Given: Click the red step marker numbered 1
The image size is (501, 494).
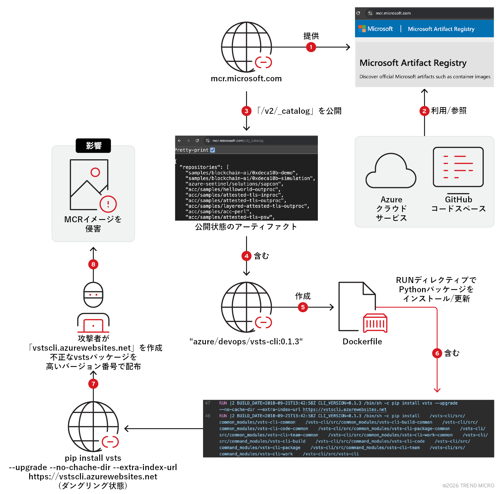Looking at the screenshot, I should point(311,47).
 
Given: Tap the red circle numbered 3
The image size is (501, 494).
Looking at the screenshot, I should point(246,111).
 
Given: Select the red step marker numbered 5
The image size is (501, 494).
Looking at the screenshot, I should point(303,307).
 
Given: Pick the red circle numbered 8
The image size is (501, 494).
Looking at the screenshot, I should point(93,264).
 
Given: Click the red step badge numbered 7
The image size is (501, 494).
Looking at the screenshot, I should point(93,384).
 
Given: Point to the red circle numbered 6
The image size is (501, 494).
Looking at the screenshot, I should point(437,353).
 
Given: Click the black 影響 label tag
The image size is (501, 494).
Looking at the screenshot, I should point(93,146).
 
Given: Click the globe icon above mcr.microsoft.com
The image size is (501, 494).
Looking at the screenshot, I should point(246,47).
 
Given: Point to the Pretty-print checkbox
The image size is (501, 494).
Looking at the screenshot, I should point(213,150).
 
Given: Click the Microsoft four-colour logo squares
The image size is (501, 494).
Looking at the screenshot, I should point(362,29).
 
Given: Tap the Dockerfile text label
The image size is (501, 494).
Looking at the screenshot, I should point(362,341).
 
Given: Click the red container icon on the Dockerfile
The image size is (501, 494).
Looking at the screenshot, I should point(375,323).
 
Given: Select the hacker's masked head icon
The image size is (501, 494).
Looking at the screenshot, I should point(93,295).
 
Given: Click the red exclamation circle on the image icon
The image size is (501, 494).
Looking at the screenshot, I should point(108,204).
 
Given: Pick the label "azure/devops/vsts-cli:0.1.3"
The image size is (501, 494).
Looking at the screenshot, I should point(246,341).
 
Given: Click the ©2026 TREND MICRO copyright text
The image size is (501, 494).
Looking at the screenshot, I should point(468,485).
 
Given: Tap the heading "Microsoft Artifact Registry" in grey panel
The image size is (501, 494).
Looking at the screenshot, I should point(413,63).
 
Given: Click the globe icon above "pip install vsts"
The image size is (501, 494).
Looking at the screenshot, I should point(93,427).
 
